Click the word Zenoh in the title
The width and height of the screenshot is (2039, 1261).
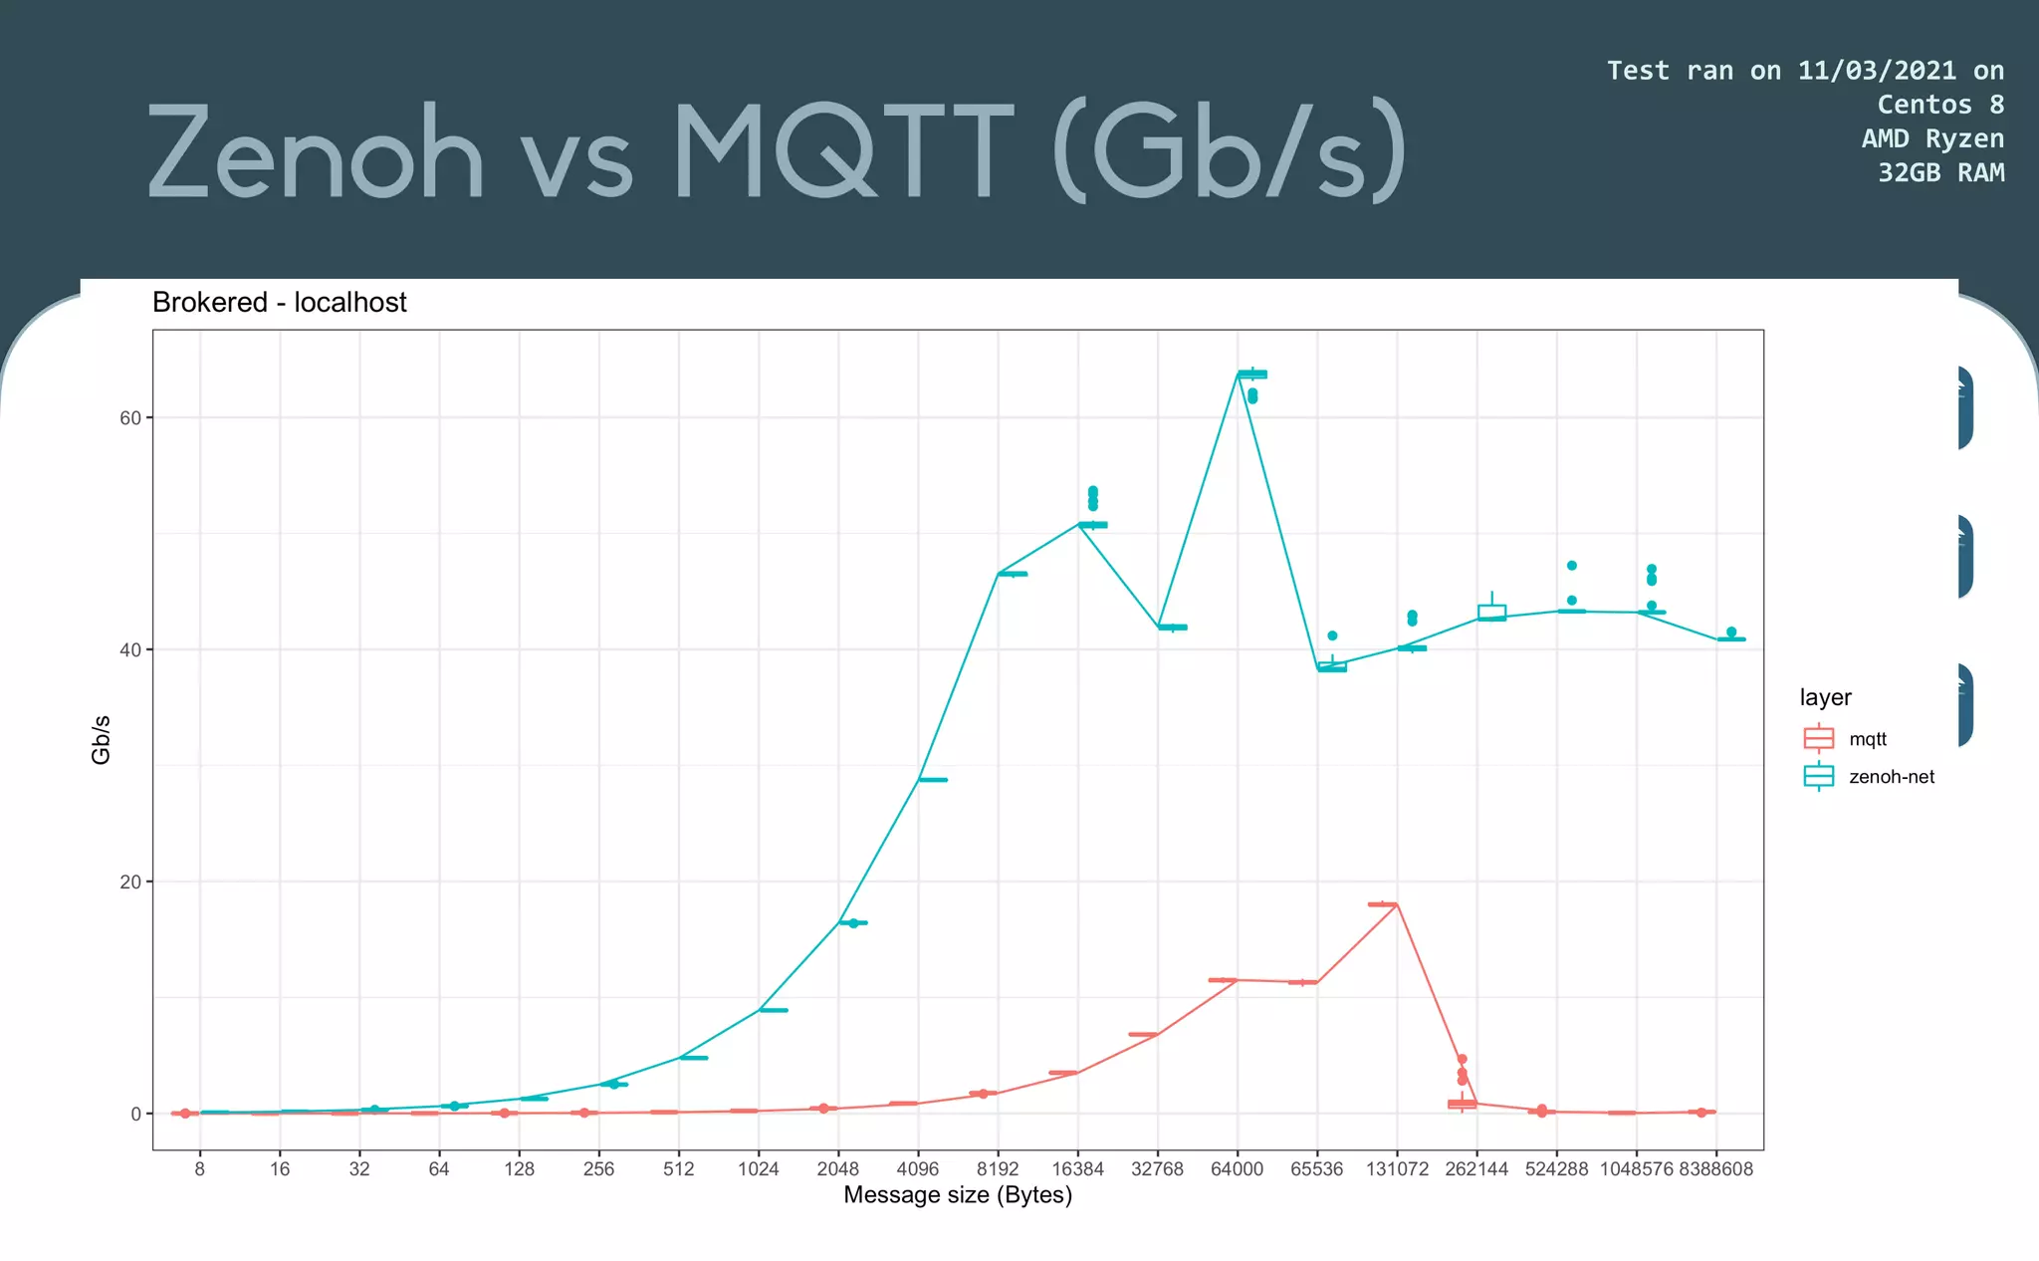316,152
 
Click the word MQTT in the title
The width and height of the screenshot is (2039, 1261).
842,152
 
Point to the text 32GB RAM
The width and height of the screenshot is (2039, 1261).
1940,173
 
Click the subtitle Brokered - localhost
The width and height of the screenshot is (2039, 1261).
279,302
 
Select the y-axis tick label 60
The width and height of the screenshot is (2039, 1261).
130,418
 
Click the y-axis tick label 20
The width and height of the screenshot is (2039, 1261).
130,883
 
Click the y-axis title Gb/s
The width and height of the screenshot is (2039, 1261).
101,740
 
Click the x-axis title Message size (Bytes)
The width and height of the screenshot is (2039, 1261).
957,1195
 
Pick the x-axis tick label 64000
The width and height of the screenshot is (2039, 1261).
1237,1169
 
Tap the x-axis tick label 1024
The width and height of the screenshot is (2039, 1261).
758,1169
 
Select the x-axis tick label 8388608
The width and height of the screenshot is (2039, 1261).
1715,1169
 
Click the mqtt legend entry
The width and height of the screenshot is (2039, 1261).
1867,739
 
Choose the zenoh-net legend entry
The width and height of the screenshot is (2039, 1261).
1891,777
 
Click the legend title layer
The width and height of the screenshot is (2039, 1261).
1825,697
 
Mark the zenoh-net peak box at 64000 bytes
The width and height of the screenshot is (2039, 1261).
1251,375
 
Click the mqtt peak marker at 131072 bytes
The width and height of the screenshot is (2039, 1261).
1382,904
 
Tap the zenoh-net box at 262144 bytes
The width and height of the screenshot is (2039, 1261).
1491,613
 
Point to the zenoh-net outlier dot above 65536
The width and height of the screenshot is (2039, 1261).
1332,635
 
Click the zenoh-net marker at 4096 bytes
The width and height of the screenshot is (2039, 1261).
932,780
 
